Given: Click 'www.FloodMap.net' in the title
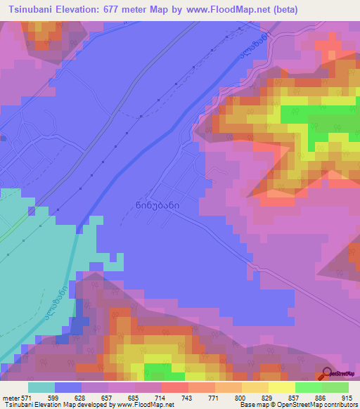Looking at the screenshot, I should [222, 10].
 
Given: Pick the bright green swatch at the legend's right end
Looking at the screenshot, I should [335, 387].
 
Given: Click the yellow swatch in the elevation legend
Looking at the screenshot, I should [281, 387].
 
